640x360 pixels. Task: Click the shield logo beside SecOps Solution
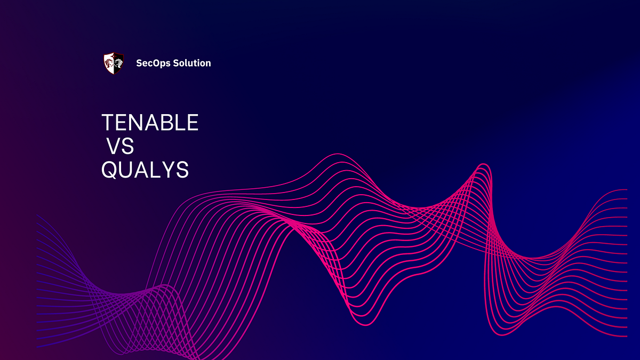(114, 63)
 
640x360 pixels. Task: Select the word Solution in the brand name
(192, 63)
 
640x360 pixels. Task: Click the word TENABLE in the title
(150, 123)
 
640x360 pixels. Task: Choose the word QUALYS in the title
(145, 170)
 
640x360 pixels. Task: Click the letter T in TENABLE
(108, 123)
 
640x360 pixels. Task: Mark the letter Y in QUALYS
(168, 170)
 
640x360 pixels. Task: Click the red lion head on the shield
(109, 63)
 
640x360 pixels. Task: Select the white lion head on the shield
(118, 63)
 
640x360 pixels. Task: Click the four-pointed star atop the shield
(114, 54)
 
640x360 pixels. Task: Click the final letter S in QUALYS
(182, 170)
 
